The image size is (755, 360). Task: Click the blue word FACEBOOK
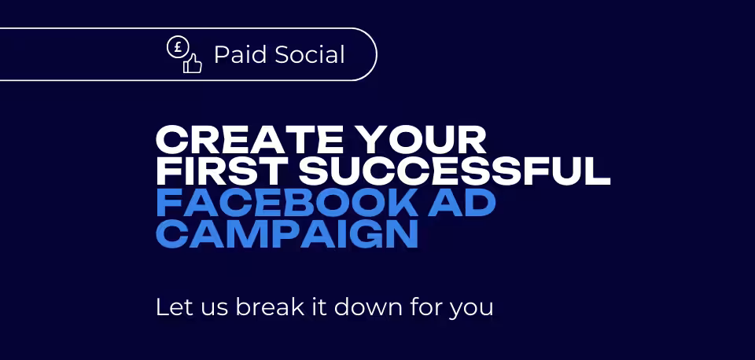287,204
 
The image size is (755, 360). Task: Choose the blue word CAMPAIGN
286,235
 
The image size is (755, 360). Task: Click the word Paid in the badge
239,55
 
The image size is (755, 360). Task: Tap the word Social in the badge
310,55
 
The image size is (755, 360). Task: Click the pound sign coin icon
177,48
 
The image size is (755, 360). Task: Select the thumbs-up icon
192,64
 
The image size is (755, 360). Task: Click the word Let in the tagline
170,307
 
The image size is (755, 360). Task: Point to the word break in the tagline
271,307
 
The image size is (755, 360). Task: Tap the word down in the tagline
368,307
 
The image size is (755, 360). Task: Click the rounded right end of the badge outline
377,54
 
